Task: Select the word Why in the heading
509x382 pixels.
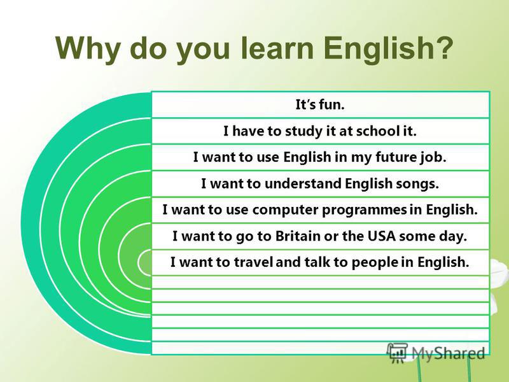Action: click(x=87, y=50)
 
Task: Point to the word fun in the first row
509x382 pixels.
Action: click(x=331, y=104)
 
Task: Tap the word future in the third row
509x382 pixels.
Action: click(x=394, y=157)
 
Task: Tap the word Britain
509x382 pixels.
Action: click(x=298, y=236)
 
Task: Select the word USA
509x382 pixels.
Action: click(x=381, y=236)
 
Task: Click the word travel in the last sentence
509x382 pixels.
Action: click(x=253, y=262)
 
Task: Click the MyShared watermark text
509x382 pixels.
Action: click(x=449, y=353)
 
